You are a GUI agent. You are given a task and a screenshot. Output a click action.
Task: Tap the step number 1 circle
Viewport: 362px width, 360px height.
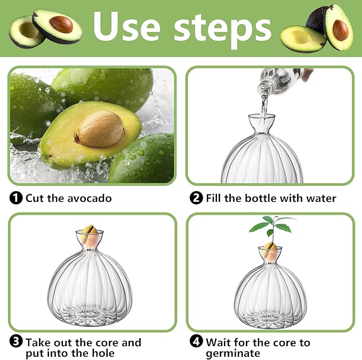coord(16,198)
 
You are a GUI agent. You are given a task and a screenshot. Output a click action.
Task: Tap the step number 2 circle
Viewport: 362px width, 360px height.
coord(196,198)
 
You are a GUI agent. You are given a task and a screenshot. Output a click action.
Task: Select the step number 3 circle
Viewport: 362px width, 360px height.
coord(16,342)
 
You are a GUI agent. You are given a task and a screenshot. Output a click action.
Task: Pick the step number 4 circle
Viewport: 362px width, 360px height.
coord(196,342)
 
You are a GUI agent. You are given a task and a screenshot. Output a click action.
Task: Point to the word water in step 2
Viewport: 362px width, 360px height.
coord(321,198)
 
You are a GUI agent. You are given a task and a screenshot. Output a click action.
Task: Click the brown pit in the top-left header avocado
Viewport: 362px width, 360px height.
coord(61,23)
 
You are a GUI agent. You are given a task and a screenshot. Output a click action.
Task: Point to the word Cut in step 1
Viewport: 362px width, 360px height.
coord(35,198)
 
